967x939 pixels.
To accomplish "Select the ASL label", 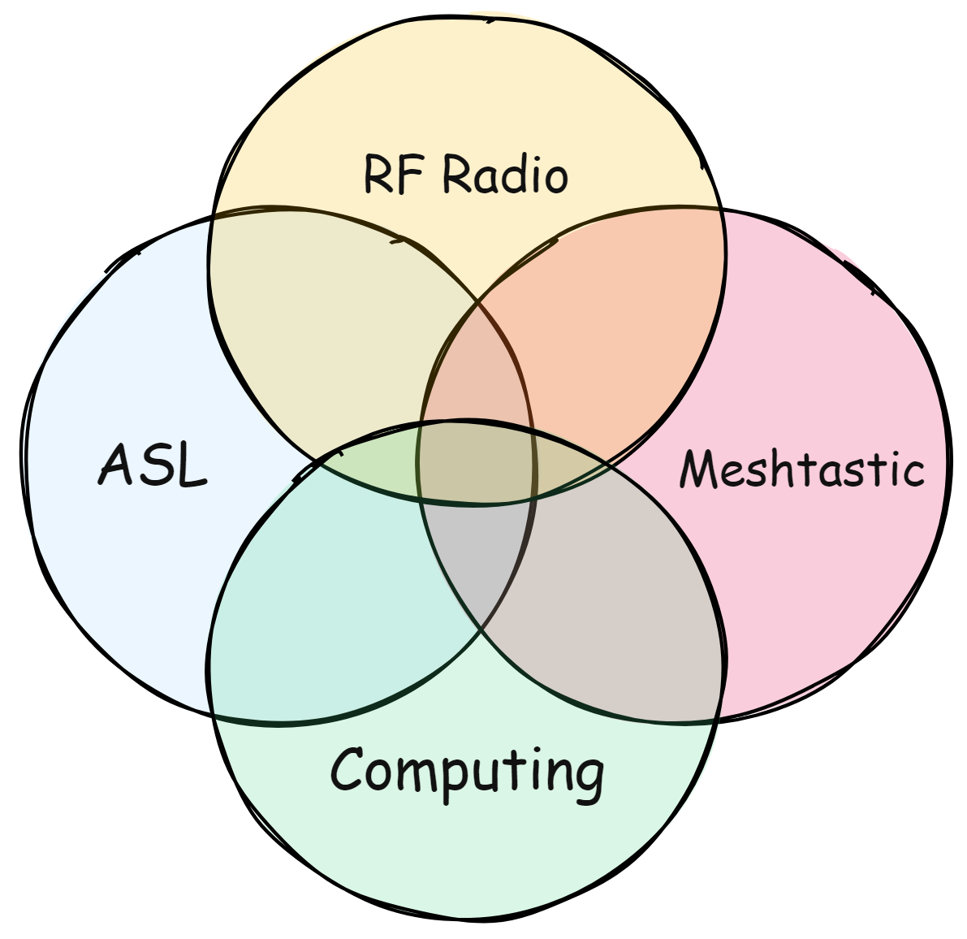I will point(153,465).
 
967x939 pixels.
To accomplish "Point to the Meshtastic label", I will point(801,469).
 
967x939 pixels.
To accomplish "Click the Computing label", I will point(467,770).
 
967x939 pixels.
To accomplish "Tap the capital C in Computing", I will point(347,768).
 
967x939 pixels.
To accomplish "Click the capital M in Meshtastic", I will point(698,469).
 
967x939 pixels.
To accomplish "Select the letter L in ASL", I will point(192,466).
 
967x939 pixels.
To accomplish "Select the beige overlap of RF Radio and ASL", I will point(325,325).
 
